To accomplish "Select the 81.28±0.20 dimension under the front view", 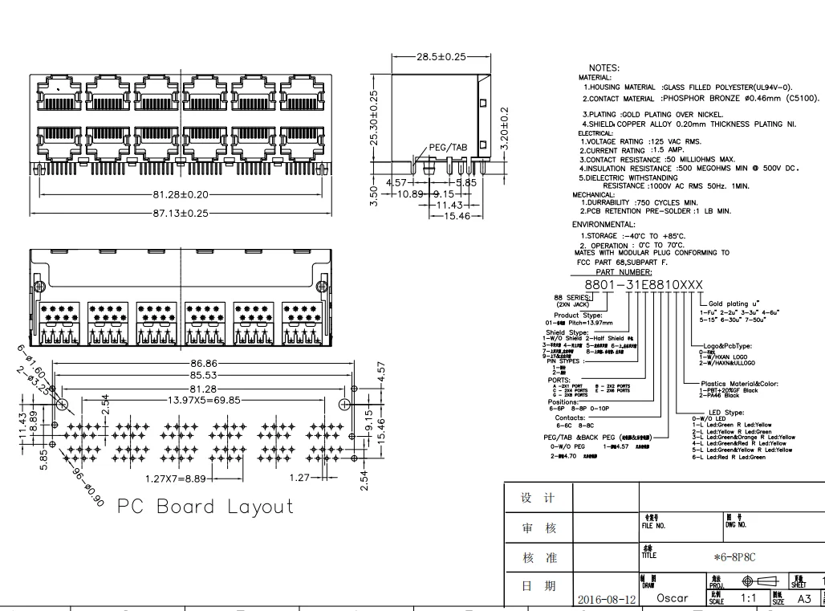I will pos(181,195).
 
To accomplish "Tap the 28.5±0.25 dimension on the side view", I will pos(441,57).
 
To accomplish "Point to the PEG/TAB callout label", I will pos(447,147).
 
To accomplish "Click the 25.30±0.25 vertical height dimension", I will pos(373,117).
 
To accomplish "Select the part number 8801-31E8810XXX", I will pos(643,286).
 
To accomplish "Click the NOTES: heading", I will pos(604,68).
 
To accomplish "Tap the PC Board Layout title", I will pos(205,507).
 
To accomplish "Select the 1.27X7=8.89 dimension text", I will pos(181,478).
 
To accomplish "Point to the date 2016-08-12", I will pos(606,599).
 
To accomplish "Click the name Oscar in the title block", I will pos(672,598).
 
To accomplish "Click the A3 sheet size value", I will pos(804,598).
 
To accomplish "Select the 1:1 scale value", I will pos(748,598).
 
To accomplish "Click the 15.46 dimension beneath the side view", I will pos(452,216).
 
